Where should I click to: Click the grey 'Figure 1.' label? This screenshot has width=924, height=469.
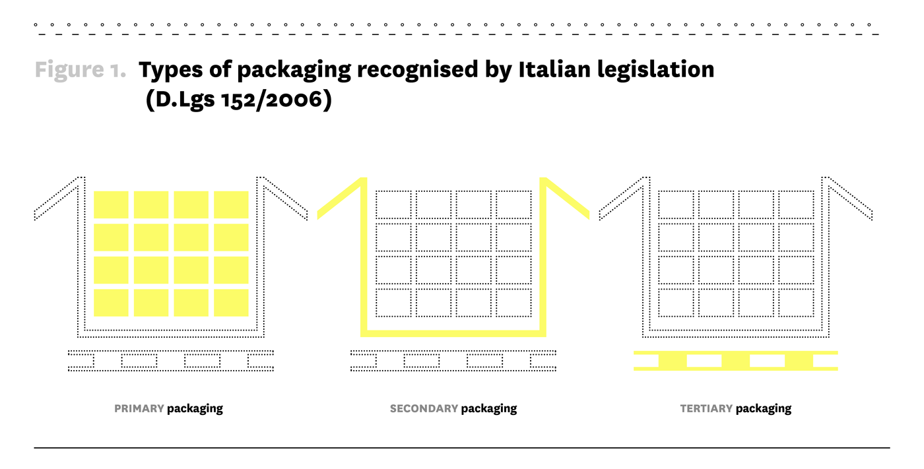(81, 69)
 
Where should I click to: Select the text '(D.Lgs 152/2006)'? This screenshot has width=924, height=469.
(238, 100)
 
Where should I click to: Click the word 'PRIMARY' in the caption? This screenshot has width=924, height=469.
(139, 408)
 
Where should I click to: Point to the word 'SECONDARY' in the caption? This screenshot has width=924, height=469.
(424, 408)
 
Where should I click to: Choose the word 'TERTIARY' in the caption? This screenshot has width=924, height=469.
(706, 408)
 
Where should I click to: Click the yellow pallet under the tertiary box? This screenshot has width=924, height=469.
(735, 361)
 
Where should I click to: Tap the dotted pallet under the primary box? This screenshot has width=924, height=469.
(171, 361)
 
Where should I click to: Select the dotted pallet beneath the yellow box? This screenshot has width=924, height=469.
(453, 361)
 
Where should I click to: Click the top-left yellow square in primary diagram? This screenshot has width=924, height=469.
(111, 204)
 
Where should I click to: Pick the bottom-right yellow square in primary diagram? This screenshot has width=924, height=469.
(231, 303)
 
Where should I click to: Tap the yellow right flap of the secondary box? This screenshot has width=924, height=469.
(566, 197)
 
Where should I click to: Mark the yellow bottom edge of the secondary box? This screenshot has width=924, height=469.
(453, 333)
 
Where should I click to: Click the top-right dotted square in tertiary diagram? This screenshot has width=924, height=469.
(796, 204)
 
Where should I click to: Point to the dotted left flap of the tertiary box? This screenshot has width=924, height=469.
(623, 199)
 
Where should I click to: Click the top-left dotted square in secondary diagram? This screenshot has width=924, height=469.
(393, 204)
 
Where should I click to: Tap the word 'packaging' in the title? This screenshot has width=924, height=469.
(294, 70)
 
